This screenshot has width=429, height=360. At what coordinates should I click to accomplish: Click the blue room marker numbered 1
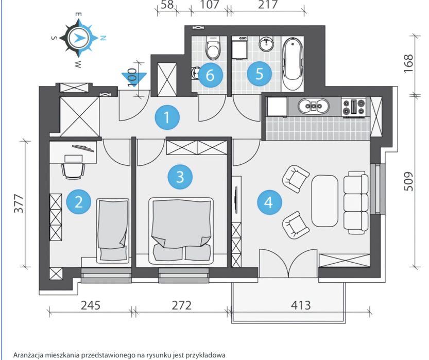(167, 117)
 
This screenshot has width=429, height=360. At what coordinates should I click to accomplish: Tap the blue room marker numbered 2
(78, 202)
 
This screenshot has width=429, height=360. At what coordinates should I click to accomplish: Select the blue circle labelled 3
(180, 177)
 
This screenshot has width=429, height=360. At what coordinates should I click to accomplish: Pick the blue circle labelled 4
(269, 203)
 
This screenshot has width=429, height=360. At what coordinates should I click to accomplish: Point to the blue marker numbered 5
(260, 74)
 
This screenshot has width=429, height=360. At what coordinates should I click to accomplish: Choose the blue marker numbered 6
(210, 75)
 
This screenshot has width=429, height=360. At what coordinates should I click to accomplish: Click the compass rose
(78, 38)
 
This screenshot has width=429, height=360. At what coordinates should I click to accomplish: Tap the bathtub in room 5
(293, 64)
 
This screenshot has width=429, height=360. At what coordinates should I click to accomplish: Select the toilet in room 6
(213, 48)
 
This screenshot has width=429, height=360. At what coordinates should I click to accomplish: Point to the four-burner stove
(354, 107)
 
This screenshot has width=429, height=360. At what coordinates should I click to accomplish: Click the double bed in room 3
(181, 231)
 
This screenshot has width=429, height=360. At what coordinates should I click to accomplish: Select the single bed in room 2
(113, 231)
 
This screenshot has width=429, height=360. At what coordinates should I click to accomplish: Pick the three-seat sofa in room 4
(356, 202)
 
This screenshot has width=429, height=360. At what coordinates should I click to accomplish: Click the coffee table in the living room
(325, 201)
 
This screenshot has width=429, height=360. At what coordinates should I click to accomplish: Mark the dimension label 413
(301, 305)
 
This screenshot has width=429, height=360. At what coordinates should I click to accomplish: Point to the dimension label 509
(408, 181)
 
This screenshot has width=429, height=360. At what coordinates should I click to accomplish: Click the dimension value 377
(19, 203)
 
